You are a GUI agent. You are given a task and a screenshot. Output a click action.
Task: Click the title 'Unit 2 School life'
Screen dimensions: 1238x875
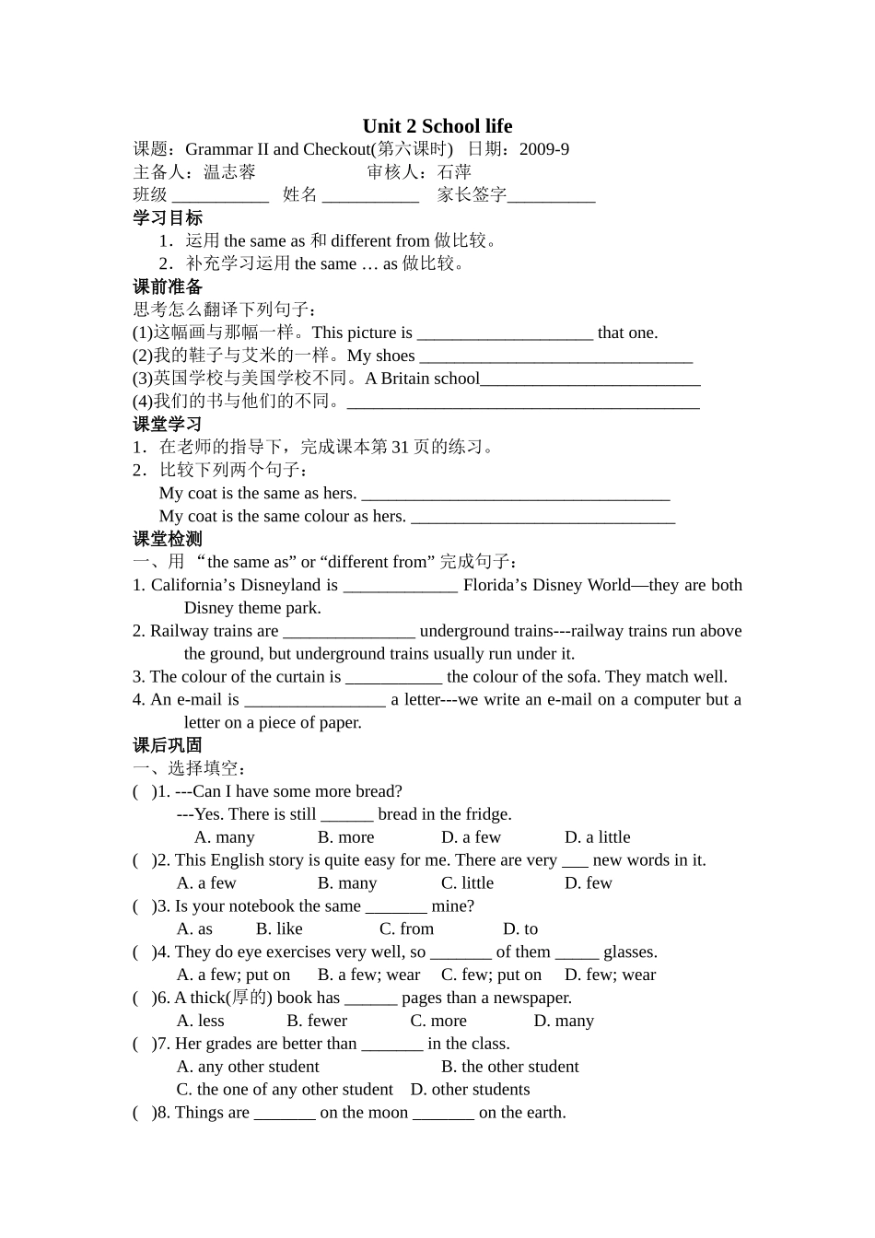[x=437, y=126]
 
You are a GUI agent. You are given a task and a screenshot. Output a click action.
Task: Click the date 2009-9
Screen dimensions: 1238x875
[x=543, y=149]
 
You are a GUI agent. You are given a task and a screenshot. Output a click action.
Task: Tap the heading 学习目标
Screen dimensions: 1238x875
[x=168, y=217]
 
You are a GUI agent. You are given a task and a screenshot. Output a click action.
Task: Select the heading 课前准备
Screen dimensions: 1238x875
[x=168, y=286]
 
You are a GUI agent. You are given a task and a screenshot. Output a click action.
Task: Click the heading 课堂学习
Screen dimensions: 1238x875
[x=168, y=424]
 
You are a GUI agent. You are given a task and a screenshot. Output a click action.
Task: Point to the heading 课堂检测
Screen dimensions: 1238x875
[x=168, y=539]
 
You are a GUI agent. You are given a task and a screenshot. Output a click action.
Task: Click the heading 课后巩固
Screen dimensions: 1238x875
[x=168, y=745]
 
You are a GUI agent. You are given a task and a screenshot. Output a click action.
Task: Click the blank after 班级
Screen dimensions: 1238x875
[x=220, y=195]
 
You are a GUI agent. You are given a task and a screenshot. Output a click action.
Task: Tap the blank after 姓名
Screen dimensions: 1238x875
[x=370, y=195]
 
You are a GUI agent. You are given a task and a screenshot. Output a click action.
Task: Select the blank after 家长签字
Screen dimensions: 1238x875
[x=551, y=195]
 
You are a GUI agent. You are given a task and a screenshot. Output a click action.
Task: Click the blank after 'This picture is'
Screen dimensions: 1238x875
[x=505, y=334]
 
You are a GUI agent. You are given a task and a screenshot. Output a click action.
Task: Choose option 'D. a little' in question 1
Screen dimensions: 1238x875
[x=597, y=837]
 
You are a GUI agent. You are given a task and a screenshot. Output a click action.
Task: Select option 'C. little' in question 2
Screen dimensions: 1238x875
[x=467, y=883]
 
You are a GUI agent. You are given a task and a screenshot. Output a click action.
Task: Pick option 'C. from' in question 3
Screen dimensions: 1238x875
[x=406, y=929]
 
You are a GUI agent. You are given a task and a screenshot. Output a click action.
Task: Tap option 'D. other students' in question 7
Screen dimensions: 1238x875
[x=470, y=1090]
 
